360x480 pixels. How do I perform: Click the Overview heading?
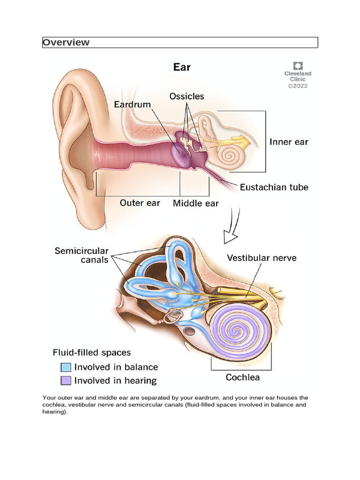(66, 43)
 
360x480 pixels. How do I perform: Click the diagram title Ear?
(182, 67)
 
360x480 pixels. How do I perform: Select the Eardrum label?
(133, 104)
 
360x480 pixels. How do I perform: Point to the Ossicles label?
(187, 96)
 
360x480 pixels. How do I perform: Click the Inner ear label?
(289, 142)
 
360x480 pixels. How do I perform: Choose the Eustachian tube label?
(274, 187)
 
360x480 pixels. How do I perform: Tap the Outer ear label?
(140, 203)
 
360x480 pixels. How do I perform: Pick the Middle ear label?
(196, 203)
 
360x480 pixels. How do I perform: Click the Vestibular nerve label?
(262, 258)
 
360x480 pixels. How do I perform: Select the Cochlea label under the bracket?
(243, 377)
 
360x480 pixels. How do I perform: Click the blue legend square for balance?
(66, 367)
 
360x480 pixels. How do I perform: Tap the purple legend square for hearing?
(66, 381)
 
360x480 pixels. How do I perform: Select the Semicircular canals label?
(82, 255)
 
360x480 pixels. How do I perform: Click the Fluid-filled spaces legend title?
(92, 352)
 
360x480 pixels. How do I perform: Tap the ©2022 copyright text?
(298, 86)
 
